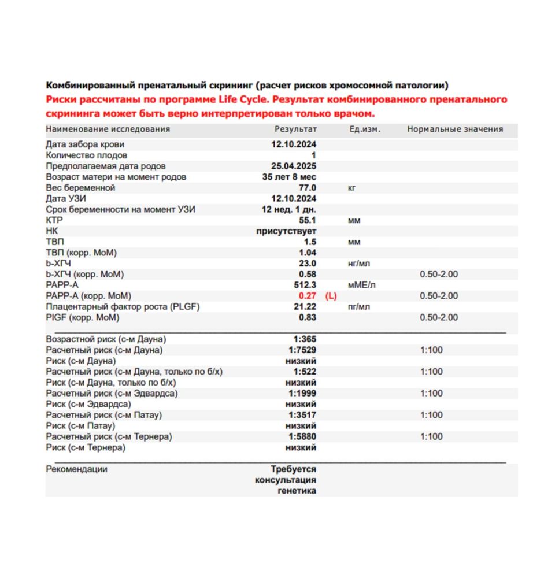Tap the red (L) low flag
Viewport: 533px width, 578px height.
coord(331,296)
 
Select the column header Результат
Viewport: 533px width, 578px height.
coord(295,129)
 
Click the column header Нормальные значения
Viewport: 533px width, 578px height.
coord(455,129)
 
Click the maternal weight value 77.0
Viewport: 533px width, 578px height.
coord(306,188)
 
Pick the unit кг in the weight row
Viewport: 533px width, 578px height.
coord(352,188)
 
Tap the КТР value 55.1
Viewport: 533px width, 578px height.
coord(306,220)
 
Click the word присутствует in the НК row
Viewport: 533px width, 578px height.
coord(286,231)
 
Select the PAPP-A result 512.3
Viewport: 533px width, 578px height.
coord(305,285)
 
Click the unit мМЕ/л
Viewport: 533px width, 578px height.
coord(360,285)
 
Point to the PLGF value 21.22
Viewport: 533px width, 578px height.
coord(305,306)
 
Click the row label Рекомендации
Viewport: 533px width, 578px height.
coord(76,469)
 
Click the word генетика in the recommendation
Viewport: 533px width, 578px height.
coord(297,491)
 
